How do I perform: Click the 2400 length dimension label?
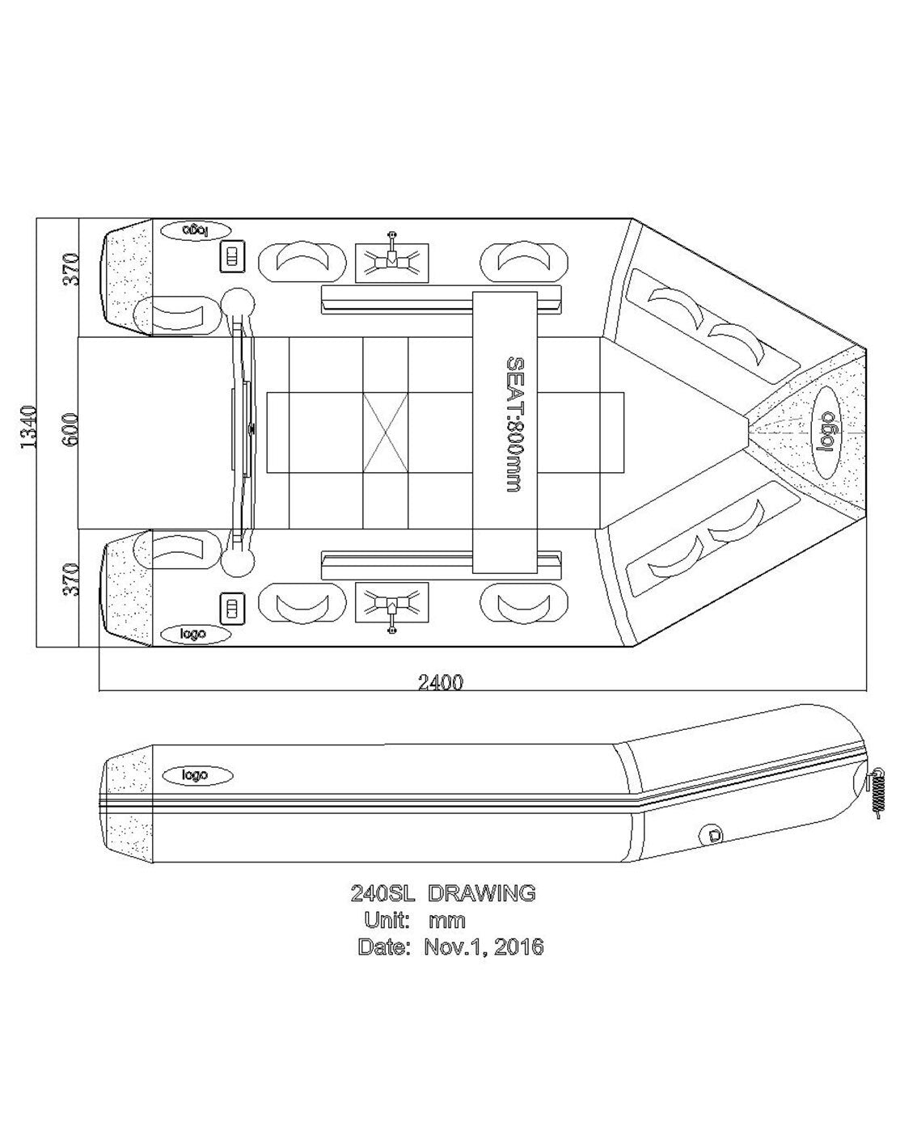pyautogui.click(x=441, y=681)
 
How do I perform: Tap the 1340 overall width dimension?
pyautogui.click(x=28, y=428)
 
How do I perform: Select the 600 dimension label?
pyautogui.click(x=70, y=429)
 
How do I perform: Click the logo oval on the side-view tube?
pyautogui.click(x=197, y=775)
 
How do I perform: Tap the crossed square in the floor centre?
pyautogui.click(x=386, y=433)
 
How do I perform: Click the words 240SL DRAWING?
pyautogui.click(x=442, y=893)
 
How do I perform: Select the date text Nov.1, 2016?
pyautogui.click(x=484, y=946)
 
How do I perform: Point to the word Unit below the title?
pyautogui.click(x=387, y=919)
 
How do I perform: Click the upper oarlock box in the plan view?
pyautogui.click(x=391, y=263)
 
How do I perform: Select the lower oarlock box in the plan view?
pyautogui.click(x=391, y=603)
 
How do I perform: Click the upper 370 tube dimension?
pyautogui.click(x=72, y=269)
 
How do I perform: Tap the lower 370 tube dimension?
pyautogui.click(x=72, y=580)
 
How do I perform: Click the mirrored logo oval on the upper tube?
pyautogui.click(x=196, y=230)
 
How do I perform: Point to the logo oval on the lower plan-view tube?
pyautogui.click(x=196, y=635)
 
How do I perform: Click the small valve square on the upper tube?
pyautogui.click(x=232, y=257)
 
